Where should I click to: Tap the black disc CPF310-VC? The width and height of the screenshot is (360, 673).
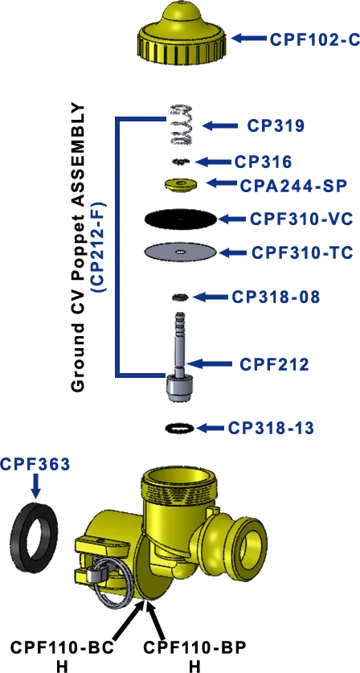tap(181, 219)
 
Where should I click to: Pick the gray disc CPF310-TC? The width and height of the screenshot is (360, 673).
tap(181, 252)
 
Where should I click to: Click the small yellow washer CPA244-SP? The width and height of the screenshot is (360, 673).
tap(181, 183)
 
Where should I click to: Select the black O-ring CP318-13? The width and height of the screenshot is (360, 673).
tap(180, 428)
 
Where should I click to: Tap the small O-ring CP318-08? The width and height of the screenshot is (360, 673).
tap(180, 297)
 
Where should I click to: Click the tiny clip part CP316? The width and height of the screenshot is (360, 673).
tap(181, 162)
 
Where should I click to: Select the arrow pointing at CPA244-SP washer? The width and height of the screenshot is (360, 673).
tap(223, 183)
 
